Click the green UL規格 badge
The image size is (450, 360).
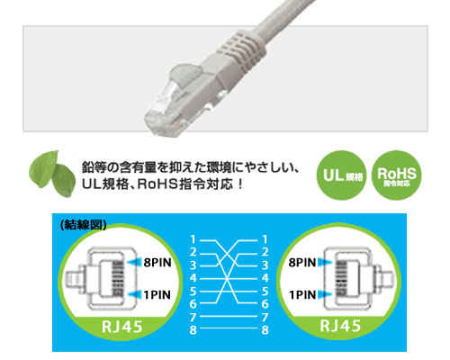[341, 175]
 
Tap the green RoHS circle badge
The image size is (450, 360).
[397, 175]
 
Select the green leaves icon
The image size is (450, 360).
[52, 174]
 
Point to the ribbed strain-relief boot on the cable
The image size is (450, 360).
[243, 48]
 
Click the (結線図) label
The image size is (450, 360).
[84, 225]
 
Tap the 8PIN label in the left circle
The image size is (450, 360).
[157, 263]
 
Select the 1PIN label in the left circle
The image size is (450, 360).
[157, 295]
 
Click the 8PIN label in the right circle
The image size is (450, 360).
[302, 263]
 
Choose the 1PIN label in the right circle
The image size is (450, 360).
[302, 295]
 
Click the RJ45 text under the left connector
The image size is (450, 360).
[121, 327]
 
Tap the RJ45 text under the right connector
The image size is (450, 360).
[340, 326]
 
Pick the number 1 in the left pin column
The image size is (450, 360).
[193, 239]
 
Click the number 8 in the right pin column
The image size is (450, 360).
[265, 330]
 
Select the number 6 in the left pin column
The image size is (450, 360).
[193, 304]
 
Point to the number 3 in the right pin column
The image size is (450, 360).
[265, 265]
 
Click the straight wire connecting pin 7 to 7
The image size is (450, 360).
[229, 316]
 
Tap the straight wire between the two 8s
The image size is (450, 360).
[229, 328]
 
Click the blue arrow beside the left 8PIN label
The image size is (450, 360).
[134, 263]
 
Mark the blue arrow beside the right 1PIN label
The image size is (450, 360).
[325, 294]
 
